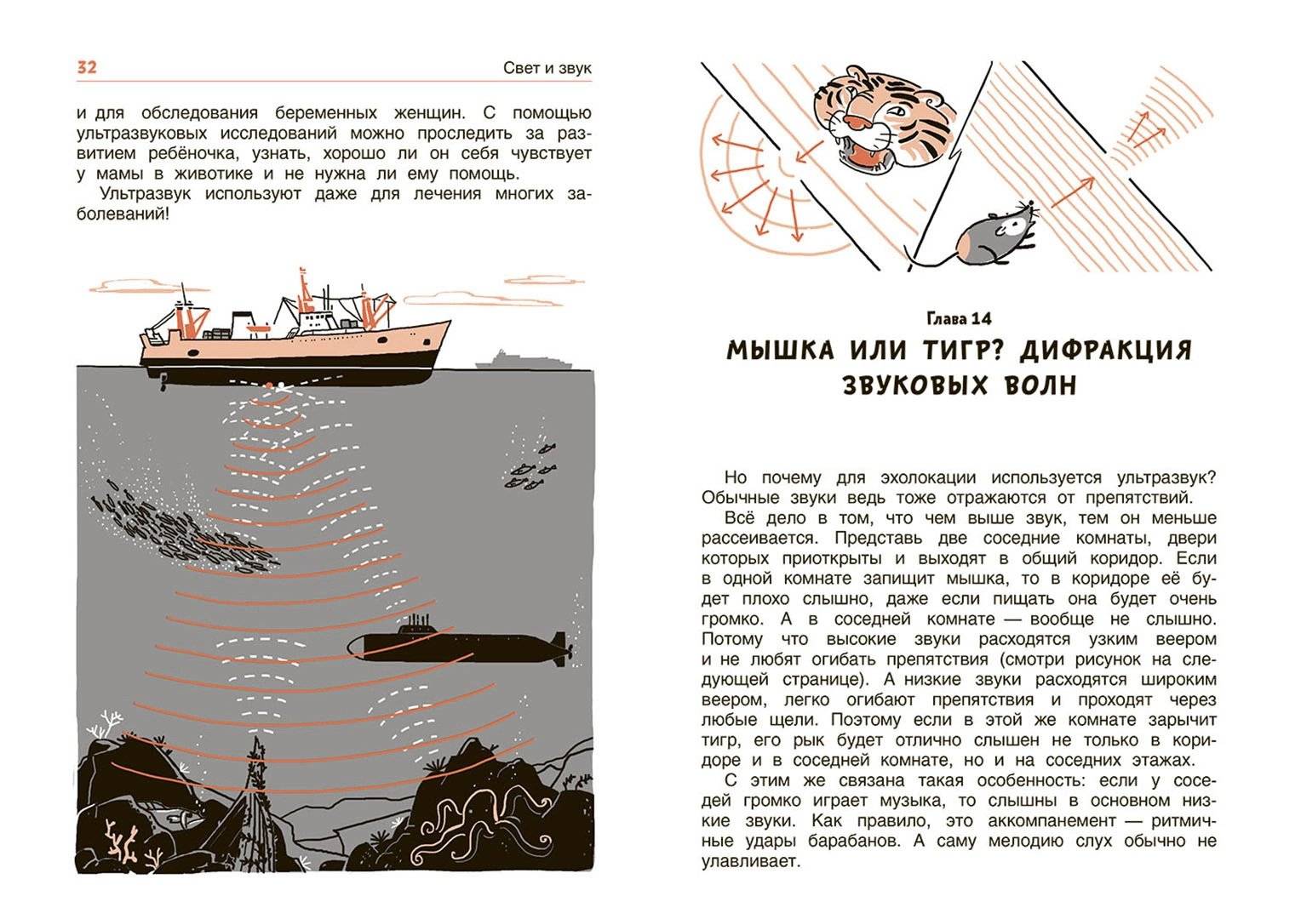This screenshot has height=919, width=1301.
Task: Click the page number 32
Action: pyautogui.click(x=87, y=67)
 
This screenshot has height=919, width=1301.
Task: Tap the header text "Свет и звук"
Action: pyautogui.click(x=547, y=69)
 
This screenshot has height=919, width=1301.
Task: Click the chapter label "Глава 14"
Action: pyautogui.click(x=959, y=319)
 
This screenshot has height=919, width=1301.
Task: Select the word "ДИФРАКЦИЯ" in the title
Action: pyautogui.click(x=1105, y=351)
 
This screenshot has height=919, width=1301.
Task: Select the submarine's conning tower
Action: pyautogui.click(x=416, y=625)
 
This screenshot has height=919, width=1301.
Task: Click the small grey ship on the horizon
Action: pyautogui.click(x=524, y=361)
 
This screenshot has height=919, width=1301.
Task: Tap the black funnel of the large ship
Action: pyautogui.click(x=242, y=323)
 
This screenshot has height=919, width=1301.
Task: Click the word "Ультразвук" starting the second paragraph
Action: pyautogui.click(x=146, y=193)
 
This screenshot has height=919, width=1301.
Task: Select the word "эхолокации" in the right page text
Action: pyautogui.click(x=928, y=477)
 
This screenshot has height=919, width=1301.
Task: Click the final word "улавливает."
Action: pyautogui.click(x=751, y=861)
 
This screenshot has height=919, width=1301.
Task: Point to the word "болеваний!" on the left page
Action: pyautogui.click(x=123, y=214)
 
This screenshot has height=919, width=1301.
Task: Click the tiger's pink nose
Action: pyautogui.click(x=856, y=123)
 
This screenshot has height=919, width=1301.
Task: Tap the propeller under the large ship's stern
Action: pyautogui.click(x=163, y=381)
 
